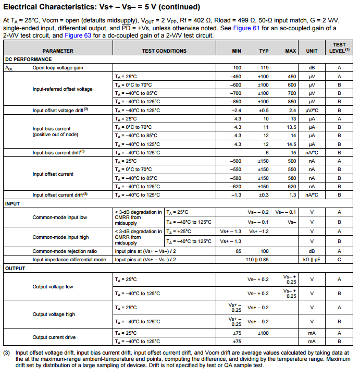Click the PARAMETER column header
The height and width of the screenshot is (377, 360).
pos(58,51)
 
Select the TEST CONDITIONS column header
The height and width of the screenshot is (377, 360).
pos(164,51)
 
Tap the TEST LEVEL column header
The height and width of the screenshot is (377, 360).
pos(339,48)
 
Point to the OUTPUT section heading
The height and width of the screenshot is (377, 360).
pos(15,269)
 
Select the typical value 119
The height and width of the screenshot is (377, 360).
pos(264,68)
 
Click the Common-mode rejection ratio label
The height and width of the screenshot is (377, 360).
pos(65,251)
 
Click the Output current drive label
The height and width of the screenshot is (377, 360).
pos(54,337)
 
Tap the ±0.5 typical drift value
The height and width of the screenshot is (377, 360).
pos(264,111)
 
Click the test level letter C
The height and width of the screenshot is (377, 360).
pos(339,260)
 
